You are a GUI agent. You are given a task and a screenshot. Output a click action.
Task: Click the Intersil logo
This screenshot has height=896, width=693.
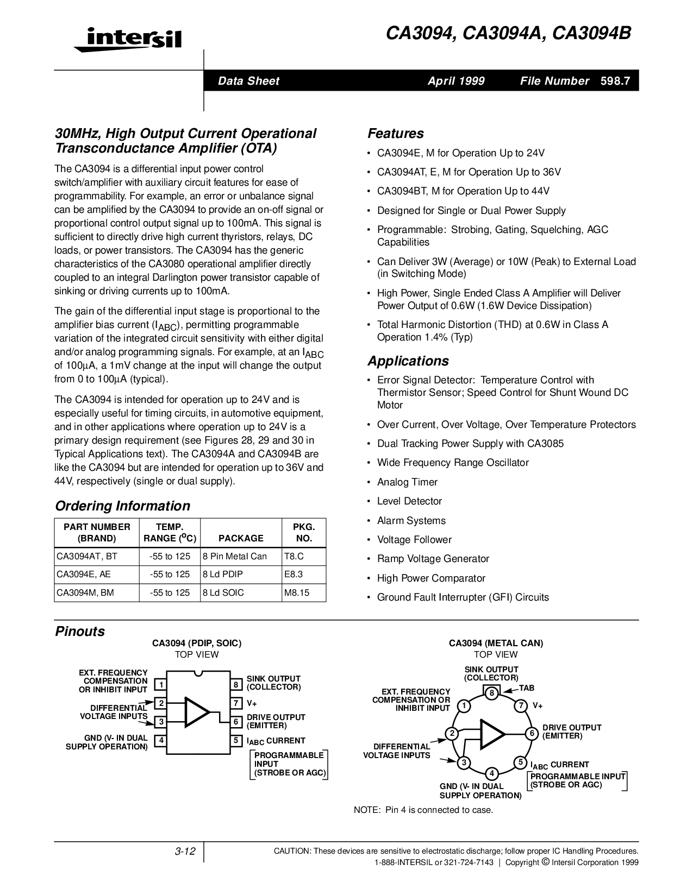[x=127, y=39]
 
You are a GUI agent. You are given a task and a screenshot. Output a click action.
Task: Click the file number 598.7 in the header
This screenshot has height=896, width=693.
[x=615, y=81]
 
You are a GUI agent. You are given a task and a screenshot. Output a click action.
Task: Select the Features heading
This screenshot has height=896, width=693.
[x=395, y=134]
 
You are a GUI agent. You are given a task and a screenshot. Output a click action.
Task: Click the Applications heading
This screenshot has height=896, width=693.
[x=408, y=361]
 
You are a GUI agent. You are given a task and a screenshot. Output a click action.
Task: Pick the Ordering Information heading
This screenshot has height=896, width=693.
[x=122, y=506]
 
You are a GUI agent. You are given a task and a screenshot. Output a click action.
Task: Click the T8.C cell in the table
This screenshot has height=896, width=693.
[x=294, y=556]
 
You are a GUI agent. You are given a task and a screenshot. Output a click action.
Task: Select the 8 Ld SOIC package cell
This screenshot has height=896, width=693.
[x=223, y=592]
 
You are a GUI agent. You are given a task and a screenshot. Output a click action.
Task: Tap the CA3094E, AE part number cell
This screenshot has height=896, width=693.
[x=84, y=574]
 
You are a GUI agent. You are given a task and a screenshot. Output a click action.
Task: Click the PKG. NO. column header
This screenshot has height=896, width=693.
[x=304, y=532]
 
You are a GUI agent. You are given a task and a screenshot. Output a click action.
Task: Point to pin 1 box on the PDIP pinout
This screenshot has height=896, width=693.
[x=160, y=684]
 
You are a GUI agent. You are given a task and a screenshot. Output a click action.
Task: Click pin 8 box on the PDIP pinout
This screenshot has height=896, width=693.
[x=236, y=684]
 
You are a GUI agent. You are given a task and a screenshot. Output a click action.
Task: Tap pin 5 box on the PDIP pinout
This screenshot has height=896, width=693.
[x=236, y=740]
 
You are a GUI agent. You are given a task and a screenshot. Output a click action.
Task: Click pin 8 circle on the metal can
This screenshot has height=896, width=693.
[x=491, y=692]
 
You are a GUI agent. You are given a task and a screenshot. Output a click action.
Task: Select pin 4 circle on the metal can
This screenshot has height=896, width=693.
[x=491, y=773]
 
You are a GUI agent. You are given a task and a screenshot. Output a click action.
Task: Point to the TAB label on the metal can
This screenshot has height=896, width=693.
[x=527, y=688]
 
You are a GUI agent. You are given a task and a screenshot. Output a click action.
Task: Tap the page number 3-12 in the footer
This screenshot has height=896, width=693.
[x=185, y=851]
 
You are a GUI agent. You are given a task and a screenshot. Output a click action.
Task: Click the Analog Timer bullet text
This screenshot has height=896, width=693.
[x=407, y=482]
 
